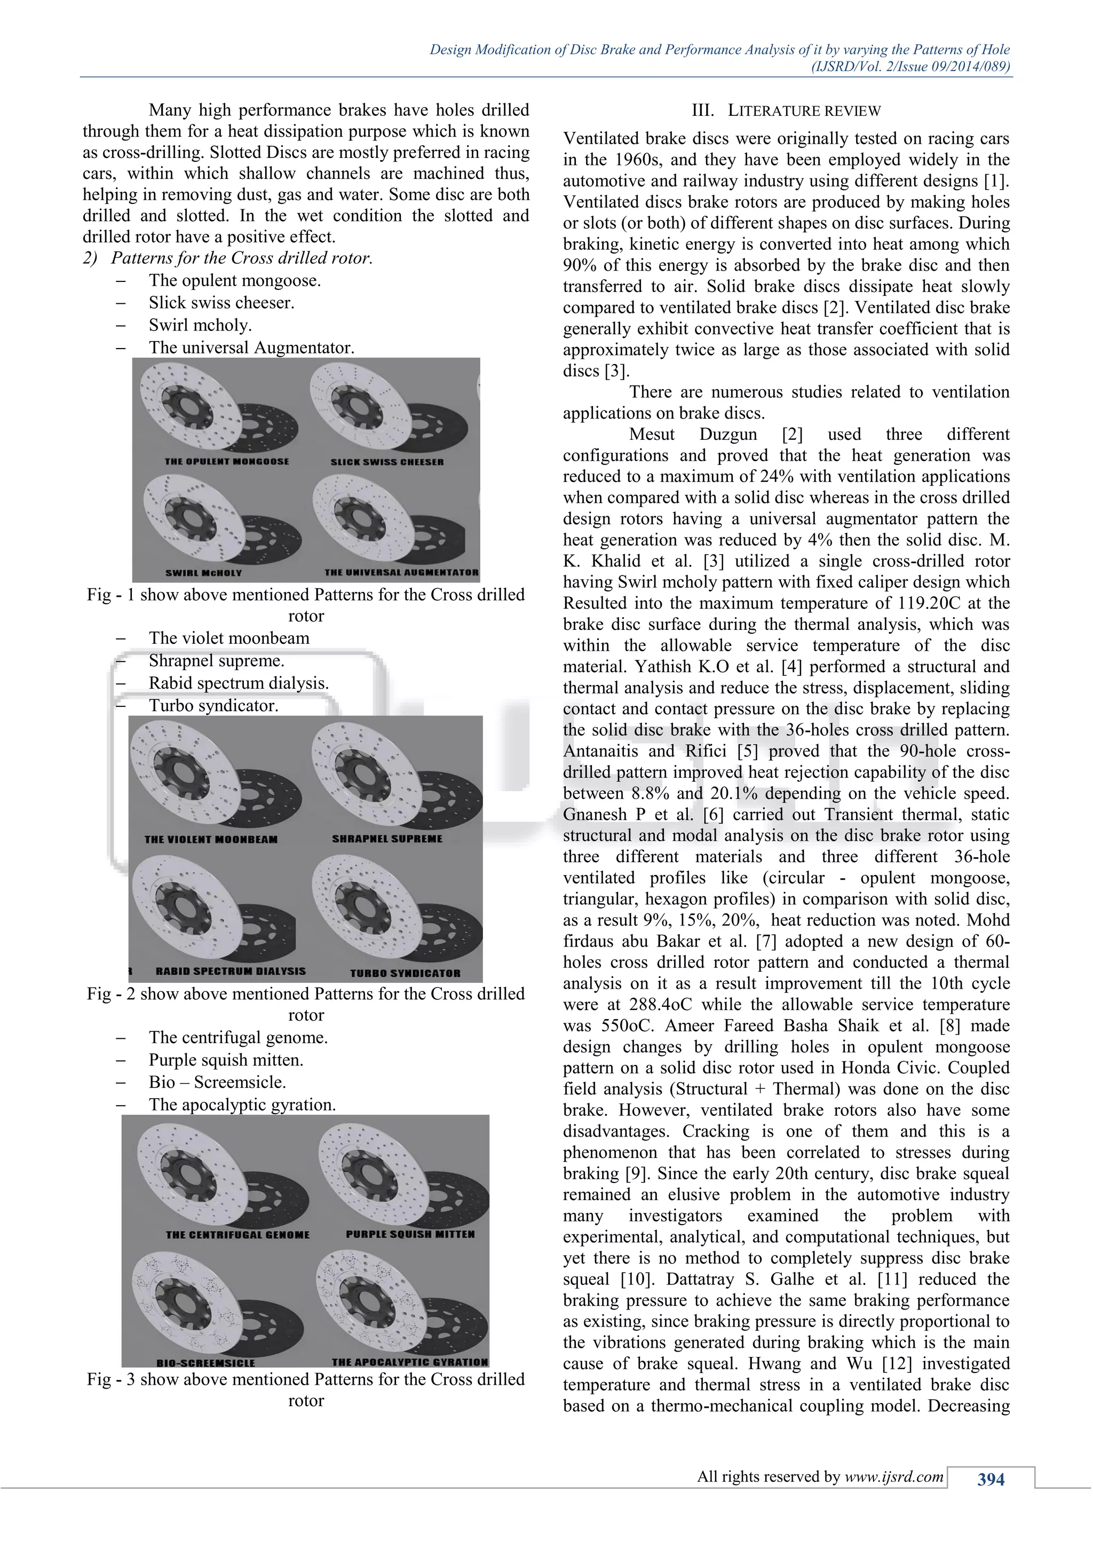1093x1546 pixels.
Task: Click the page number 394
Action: (x=991, y=1479)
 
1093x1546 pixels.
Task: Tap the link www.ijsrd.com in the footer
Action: (x=894, y=1477)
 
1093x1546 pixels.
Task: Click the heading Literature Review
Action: (x=786, y=111)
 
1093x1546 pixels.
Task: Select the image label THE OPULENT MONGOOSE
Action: (x=227, y=461)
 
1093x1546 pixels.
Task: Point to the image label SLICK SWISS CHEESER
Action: (x=387, y=462)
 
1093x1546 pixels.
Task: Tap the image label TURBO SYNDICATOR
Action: (x=405, y=973)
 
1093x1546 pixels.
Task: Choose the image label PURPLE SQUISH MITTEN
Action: (x=410, y=1234)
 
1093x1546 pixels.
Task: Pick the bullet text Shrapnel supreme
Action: (x=216, y=660)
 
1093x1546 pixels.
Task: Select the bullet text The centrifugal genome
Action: (x=238, y=1038)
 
